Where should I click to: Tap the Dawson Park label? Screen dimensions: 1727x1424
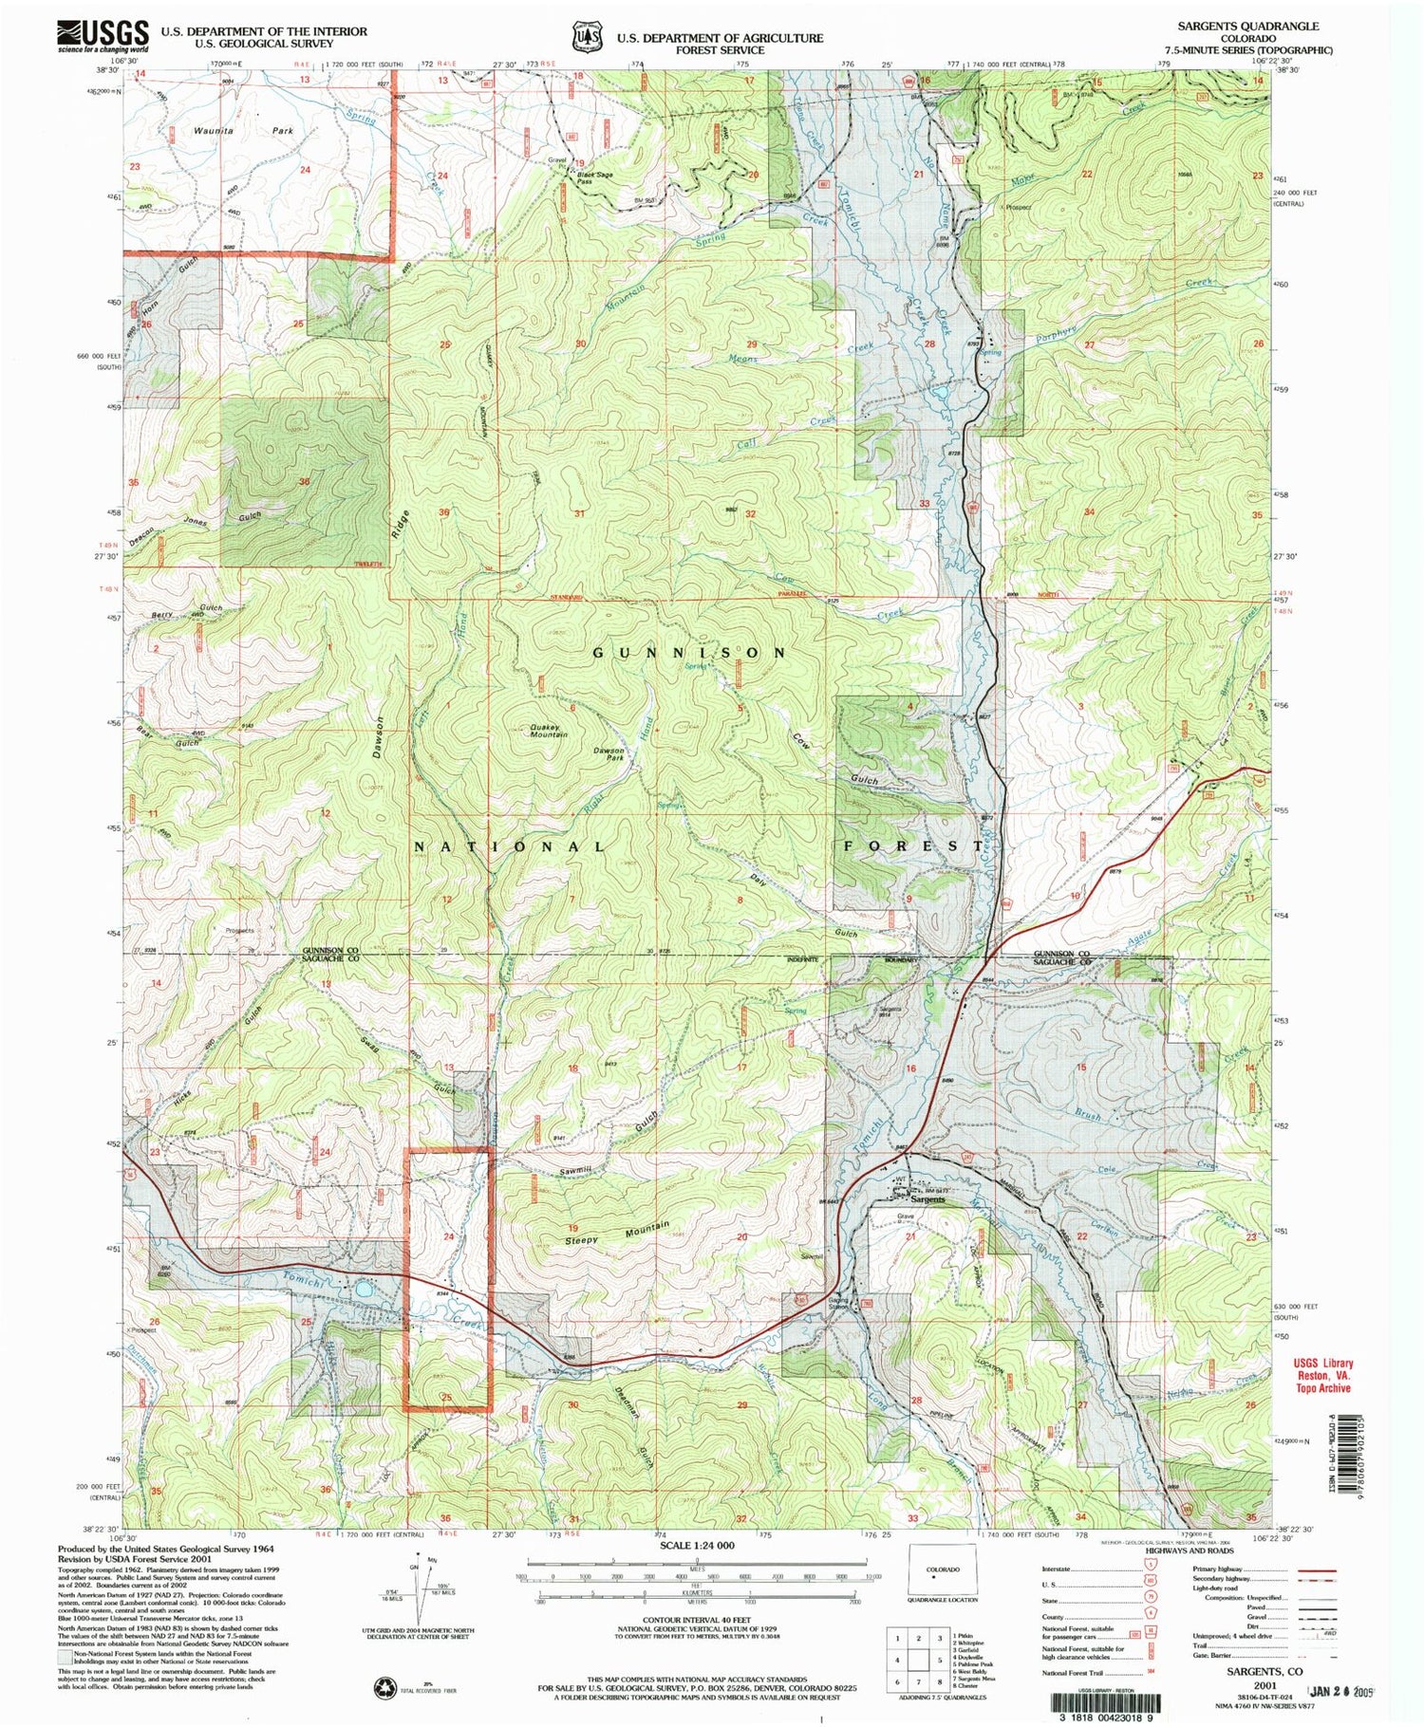[608, 754]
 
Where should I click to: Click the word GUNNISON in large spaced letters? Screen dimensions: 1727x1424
[689, 653]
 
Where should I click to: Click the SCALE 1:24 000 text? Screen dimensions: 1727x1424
[696, 1545]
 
